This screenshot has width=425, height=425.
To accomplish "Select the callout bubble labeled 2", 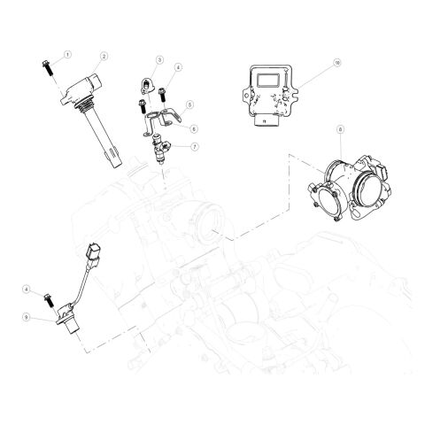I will click(104, 56).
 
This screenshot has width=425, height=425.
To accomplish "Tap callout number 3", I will click(159, 59).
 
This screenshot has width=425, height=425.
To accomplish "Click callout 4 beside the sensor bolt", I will click(27, 290).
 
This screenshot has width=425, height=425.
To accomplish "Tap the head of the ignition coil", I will click(81, 87).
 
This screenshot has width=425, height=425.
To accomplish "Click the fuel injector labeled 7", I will click(159, 149).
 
